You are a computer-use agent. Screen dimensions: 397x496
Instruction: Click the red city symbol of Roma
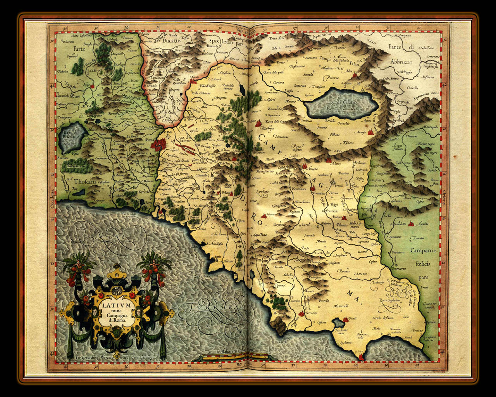(157, 145)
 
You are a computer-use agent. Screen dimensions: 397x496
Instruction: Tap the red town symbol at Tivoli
(193, 80)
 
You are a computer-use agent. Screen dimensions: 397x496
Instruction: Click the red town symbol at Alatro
(329, 160)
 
